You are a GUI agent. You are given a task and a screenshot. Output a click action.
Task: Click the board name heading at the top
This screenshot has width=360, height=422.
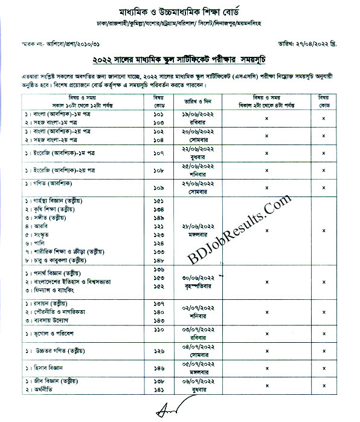pyautogui.click(x=180, y=12)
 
